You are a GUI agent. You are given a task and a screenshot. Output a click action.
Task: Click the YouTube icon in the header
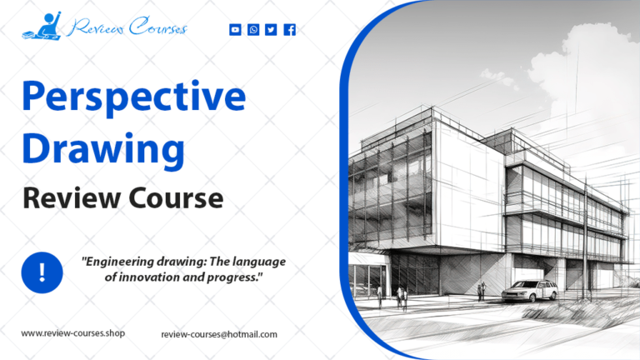(235, 30)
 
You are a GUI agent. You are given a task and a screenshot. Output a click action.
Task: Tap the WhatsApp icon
(253, 30)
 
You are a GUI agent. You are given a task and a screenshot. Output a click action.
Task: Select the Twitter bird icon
(271, 30)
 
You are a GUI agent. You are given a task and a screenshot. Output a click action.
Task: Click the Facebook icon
(289, 30)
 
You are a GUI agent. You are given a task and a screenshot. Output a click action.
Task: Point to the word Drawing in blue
(102, 147)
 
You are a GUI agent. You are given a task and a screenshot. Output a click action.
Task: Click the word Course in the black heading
(174, 198)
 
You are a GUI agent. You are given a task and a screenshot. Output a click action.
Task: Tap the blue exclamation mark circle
(42, 272)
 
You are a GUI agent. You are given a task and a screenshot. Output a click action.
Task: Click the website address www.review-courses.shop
(73, 333)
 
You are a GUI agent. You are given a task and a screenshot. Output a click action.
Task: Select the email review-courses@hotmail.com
(219, 334)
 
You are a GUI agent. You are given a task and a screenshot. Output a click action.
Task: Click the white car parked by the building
(531, 291)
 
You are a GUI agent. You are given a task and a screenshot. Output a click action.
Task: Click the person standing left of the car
(481, 289)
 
